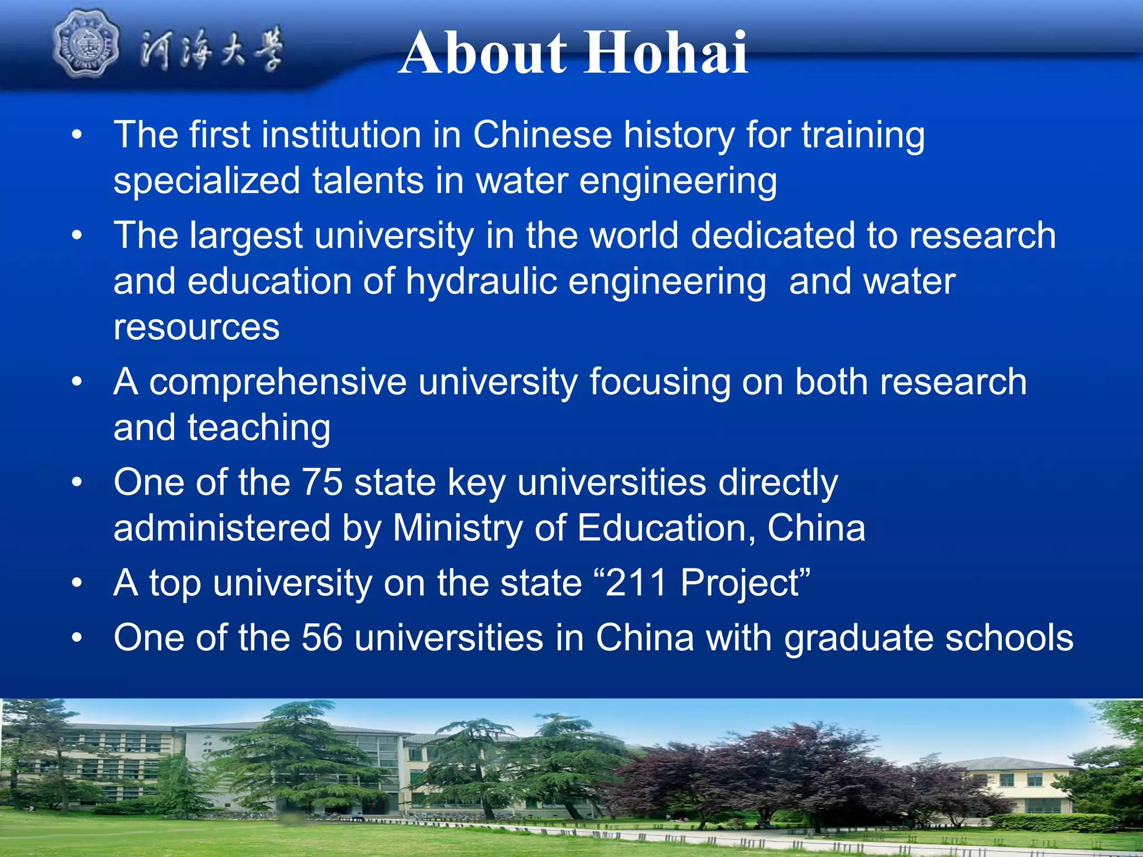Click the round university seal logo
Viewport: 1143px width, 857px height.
tap(85, 44)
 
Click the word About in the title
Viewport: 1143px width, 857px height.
tap(483, 54)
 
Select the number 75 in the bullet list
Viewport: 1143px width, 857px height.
tap(322, 482)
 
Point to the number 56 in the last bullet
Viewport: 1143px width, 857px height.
tap(322, 638)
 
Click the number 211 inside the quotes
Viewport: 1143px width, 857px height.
tap(636, 583)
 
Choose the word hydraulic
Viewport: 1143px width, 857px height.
tap(481, 281)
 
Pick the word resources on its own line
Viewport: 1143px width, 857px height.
tap(196, 328)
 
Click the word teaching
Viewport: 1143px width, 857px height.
tap(259, 428)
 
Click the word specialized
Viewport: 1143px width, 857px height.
tap(206, 182)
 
